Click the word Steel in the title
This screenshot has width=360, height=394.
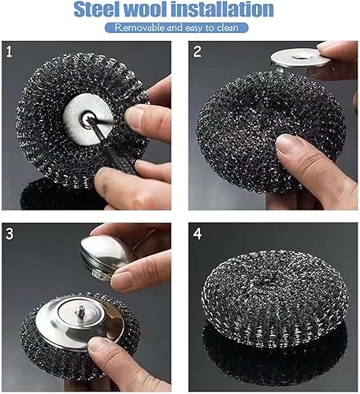(96, 9)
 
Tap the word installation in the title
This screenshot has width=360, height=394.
(222, 9)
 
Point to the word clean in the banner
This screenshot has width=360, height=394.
(228, 28)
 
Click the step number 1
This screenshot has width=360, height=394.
(9, 51)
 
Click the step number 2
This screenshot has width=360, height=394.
(197, 51)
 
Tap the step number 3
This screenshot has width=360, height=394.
(9, 233)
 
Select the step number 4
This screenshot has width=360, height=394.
(198, 233)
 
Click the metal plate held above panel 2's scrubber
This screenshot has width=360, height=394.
(300, 58)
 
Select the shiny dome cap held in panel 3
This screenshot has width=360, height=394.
(105, 255)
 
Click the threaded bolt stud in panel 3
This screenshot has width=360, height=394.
(79, 312)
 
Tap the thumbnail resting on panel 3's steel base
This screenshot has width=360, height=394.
(98, 344)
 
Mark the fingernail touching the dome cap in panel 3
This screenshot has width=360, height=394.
(121, 279)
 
